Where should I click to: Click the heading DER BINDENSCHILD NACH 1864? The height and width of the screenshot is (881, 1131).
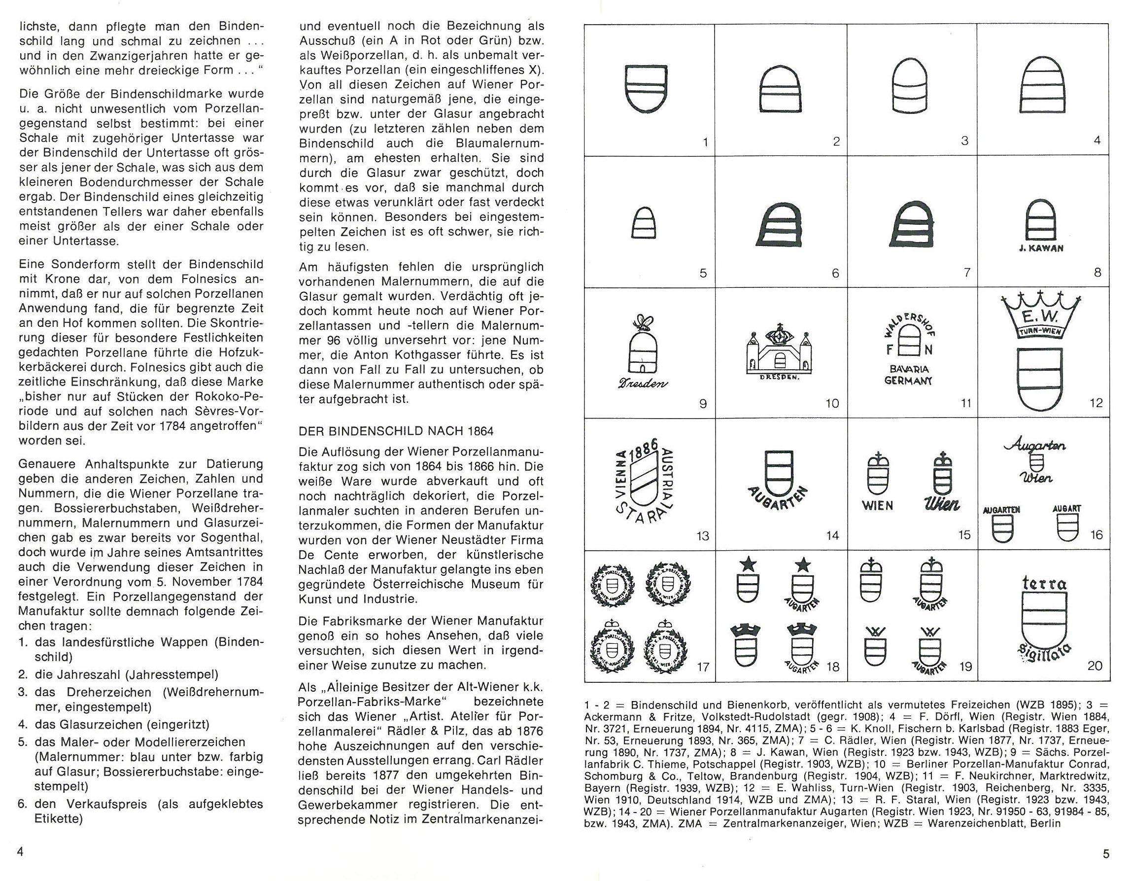[x=396, y=431]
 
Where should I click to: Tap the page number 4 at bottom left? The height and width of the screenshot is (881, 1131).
[x=21, y=852]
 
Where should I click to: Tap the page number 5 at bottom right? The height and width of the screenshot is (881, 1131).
[x=1106, y=854]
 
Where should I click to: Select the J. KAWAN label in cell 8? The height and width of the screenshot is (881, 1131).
[x=1040, y=248]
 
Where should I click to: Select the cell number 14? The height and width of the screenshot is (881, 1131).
[x=832, y=535]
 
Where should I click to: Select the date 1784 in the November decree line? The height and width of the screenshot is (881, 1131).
[x=251, y=581]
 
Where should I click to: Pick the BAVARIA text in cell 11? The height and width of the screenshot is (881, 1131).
[x=910, y=369]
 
